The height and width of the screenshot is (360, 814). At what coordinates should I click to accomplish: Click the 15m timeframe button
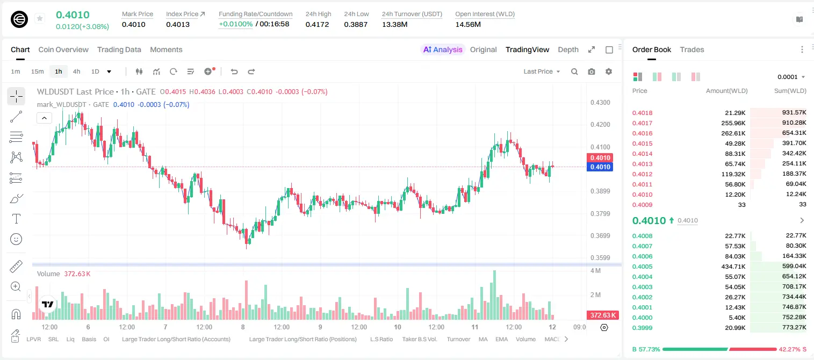37,71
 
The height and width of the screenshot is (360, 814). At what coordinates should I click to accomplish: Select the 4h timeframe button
76,71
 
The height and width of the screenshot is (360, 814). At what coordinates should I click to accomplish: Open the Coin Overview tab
63,49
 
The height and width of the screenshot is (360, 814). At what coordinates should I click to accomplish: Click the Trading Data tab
119,49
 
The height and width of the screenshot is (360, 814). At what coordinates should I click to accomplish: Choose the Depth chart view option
568,49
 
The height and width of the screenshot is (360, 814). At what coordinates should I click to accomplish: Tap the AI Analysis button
443,49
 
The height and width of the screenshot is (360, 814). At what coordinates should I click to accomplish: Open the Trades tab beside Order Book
692,49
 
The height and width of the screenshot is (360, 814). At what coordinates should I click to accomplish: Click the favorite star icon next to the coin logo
40,18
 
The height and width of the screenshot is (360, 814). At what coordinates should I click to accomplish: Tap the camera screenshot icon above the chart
592,71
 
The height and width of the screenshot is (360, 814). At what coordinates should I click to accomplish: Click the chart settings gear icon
609,71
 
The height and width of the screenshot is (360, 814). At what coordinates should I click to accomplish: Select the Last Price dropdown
542,71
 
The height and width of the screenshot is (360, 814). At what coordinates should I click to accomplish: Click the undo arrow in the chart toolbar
234,71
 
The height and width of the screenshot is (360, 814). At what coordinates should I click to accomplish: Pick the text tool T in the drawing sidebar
16,219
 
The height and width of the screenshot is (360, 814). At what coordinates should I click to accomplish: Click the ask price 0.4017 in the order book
642,123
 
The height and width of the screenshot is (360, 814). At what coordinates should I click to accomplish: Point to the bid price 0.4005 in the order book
642,267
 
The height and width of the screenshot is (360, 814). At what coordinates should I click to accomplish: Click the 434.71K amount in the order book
733,267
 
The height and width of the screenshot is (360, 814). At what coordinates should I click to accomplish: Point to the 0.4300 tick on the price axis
600,103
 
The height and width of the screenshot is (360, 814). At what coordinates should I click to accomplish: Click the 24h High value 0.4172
317,24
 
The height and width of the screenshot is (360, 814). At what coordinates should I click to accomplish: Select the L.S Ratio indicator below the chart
381,339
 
